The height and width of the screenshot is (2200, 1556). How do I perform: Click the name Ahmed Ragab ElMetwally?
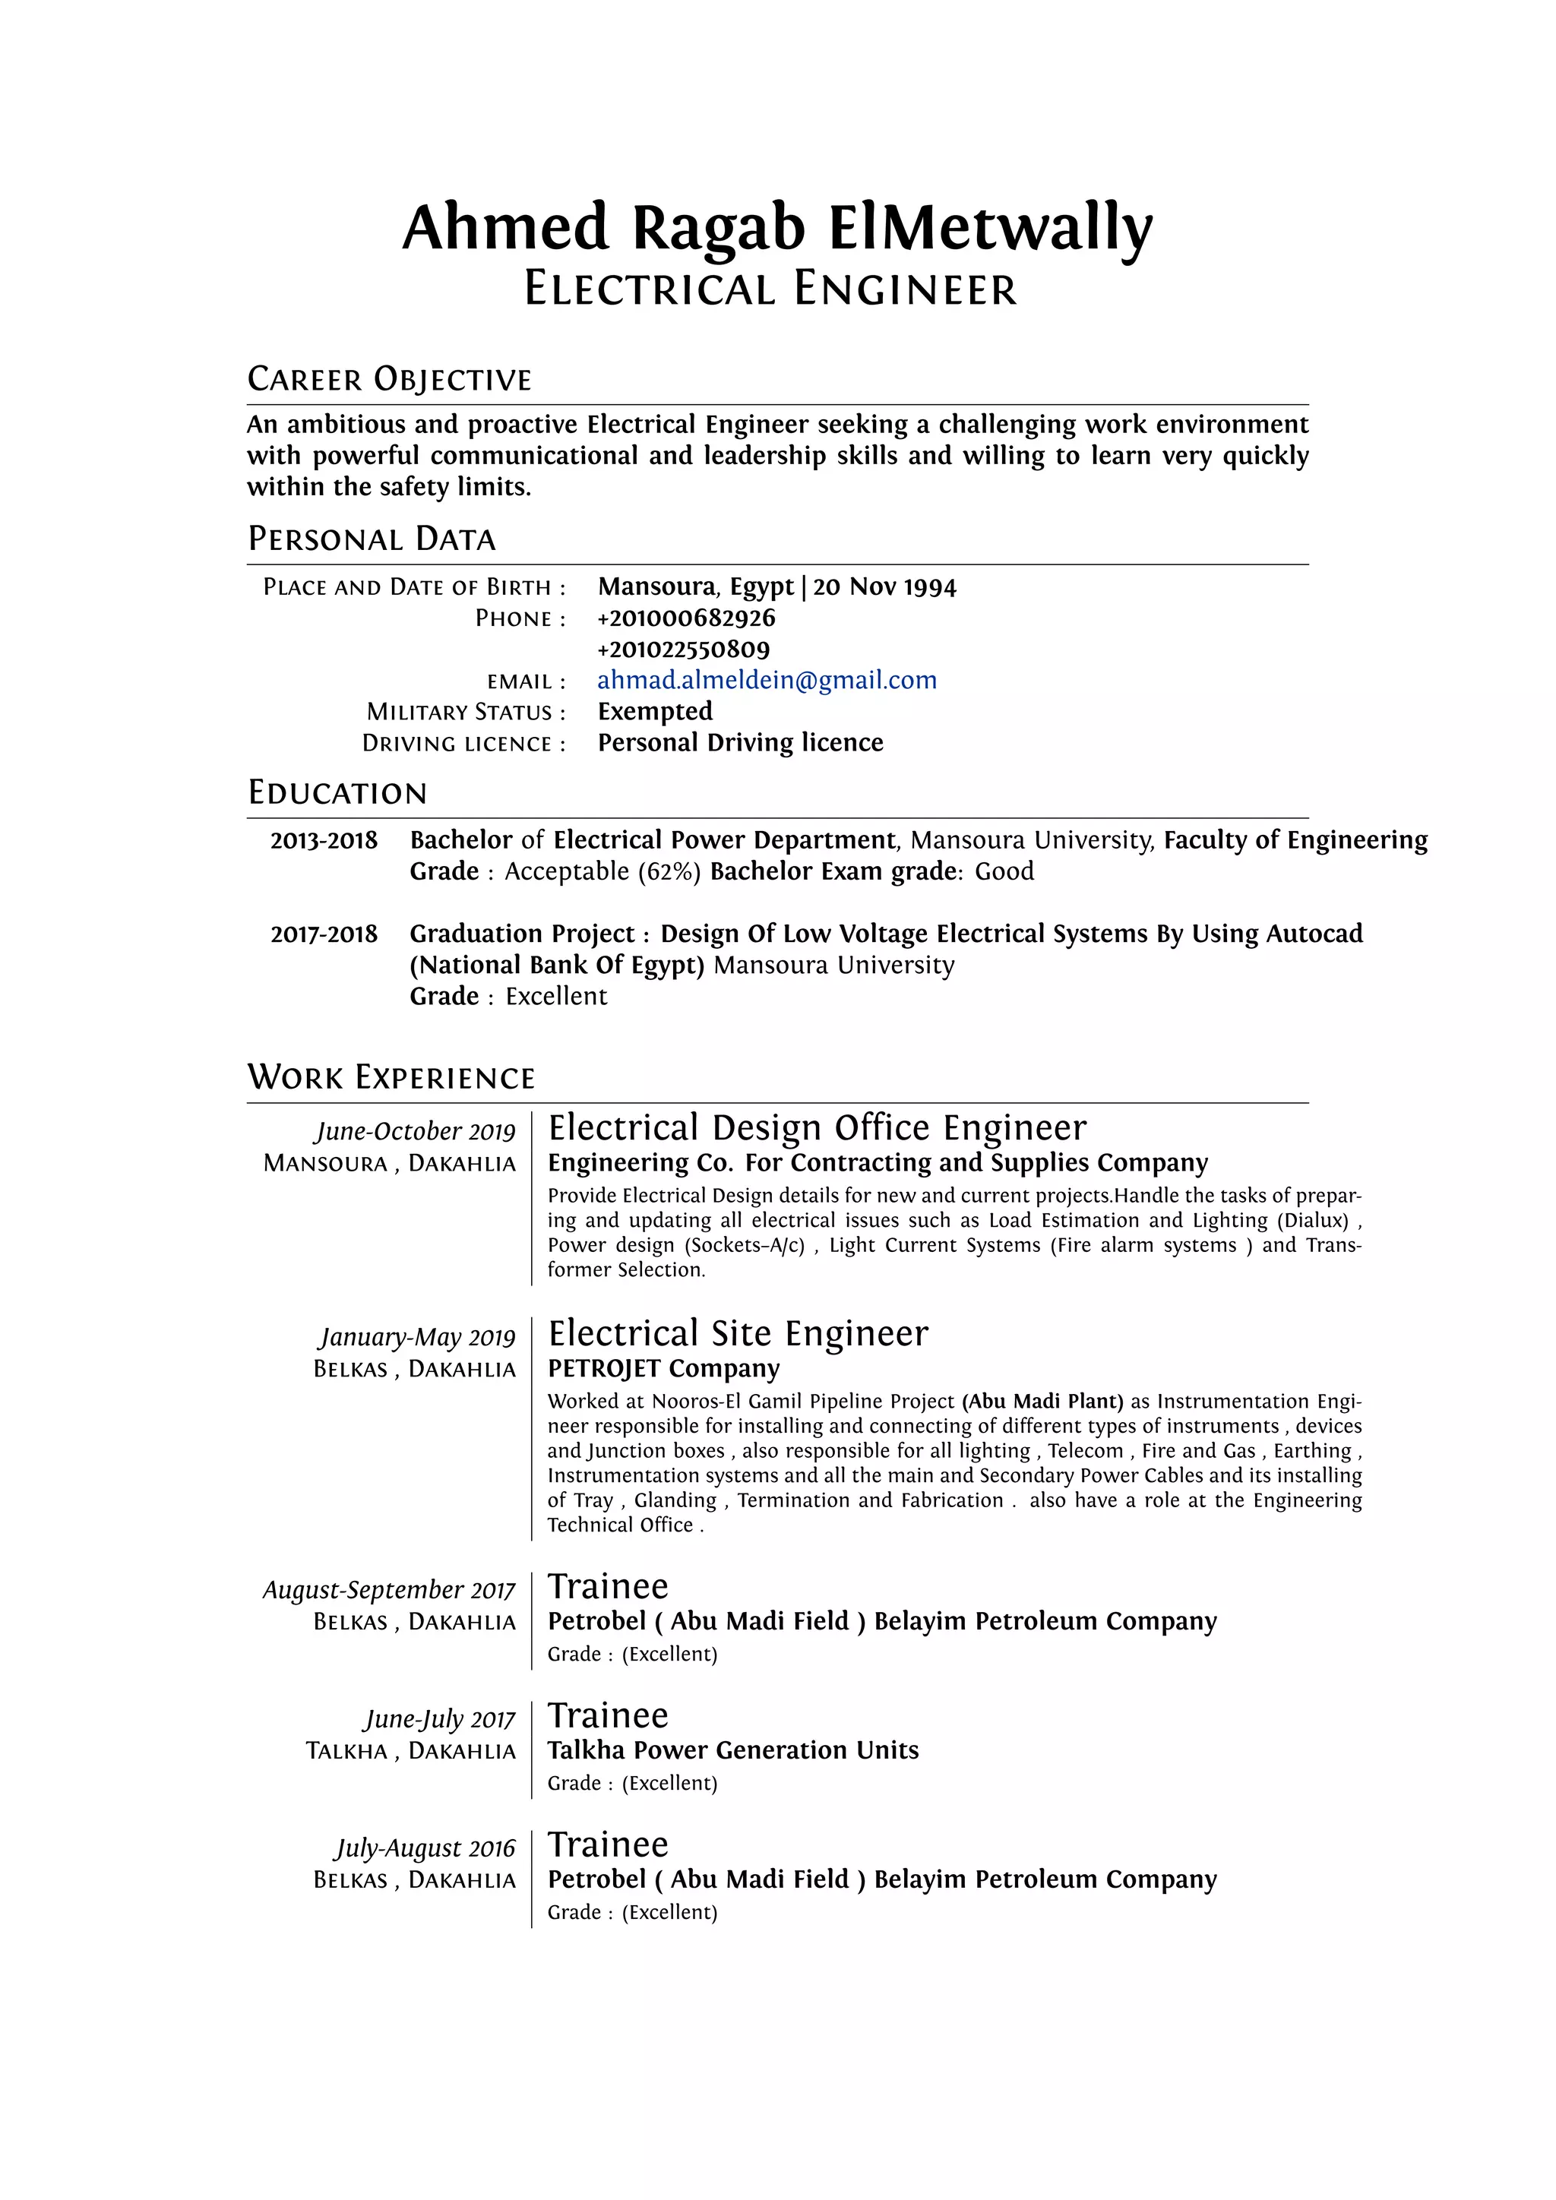[x=777, y=228]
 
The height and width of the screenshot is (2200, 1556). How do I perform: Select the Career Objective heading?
[x=389, y=379]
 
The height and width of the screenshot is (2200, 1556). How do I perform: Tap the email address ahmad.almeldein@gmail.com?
[x=767, y=681]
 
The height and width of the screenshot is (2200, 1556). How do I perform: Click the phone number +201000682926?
[x=686, y=618]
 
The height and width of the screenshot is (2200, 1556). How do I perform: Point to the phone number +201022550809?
[x=683, y=650]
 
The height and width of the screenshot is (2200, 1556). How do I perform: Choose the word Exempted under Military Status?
[x=656, y=711]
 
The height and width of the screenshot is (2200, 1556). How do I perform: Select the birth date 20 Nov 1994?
[x=884, y=586]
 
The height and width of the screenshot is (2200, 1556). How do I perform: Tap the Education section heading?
[x=337, y=793]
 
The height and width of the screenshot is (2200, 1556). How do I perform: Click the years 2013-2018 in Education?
[x=324, y=840]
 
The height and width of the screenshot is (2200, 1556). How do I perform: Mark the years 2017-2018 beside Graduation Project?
[x=324, y=934]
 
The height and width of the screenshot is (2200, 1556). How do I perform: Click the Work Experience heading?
[x=391, y=1078]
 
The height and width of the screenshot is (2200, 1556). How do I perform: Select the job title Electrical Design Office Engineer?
[x=818, y=1128]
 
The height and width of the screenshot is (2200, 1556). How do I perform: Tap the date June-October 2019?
[x=415, y=1132]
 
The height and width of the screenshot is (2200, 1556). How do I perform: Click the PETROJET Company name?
[x=663, y=1368]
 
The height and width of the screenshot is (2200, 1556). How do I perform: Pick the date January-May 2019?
[x=418, y=1338]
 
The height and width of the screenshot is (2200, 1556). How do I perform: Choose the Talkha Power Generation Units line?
[x=733, y=1750]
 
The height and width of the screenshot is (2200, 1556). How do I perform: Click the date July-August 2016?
[x=425, y=1848]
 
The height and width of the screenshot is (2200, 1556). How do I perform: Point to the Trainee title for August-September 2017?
[x=608, y=1587]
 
